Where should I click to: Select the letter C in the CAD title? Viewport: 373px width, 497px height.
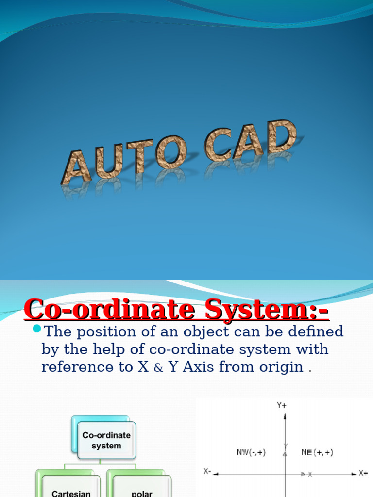[217, 146]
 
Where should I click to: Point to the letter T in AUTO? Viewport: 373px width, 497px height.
[140, 156]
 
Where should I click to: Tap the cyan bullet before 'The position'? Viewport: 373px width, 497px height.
[37, 330]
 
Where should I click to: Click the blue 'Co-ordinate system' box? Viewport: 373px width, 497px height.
[106, 440]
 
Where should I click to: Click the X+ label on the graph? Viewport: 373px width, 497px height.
[363, 472]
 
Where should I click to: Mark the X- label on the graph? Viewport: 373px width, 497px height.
[207, 471]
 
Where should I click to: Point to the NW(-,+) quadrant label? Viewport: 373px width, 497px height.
[251, 452]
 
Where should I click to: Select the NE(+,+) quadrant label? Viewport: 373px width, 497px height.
[317, 452]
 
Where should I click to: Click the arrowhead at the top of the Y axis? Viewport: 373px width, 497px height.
[285, 416]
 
